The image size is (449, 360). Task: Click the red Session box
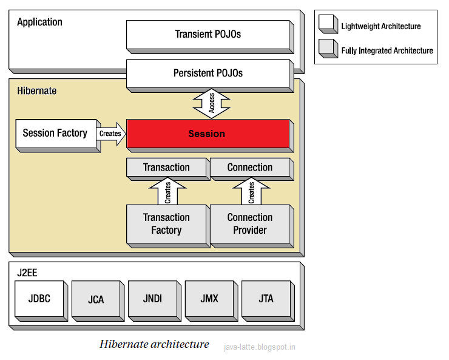tap(210, 136)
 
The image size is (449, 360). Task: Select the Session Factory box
tap(58, 136)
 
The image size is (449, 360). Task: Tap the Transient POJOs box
tap(210, 36)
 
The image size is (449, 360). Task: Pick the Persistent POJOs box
tap(210, 76)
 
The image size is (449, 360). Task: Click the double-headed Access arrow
tap(211, 103)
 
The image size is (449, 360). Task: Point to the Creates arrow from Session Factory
tap(111, 134)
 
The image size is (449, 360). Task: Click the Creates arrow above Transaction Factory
tap(168, 191)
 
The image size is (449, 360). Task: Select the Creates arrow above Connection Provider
tap(251, 191)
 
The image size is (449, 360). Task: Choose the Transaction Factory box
tap(168, 226)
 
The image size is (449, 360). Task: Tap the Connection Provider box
tap(252, 226)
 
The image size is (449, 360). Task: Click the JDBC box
tap(41, 301)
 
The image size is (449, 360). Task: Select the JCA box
tap(98, 301)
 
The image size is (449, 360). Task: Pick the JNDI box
tap(155, 301)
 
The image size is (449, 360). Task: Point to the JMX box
tap(211, 301)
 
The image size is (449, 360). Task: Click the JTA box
tap(268, 301)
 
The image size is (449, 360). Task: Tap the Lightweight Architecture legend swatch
tap(328, 24)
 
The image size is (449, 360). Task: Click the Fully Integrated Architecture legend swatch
tap(328, 49)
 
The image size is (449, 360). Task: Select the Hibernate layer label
tap(36, 91)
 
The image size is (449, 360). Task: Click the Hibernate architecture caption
tap(154, 344)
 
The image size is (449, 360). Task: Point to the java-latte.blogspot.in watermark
tap(260, 347)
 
